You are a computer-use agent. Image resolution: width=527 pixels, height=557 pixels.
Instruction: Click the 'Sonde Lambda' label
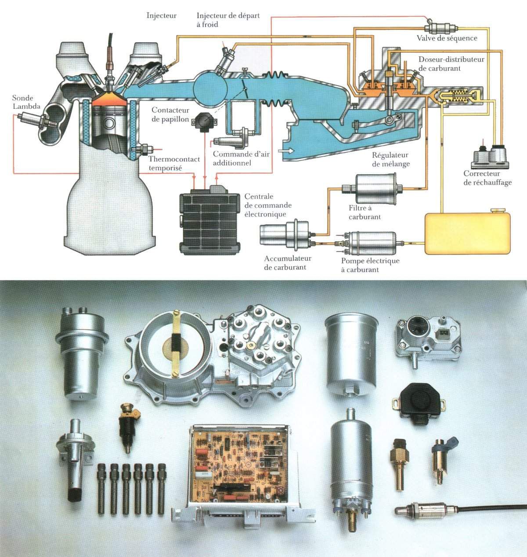click(x=26, y=102)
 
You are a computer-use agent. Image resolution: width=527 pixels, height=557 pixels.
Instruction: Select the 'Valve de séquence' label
click(x=447, y=38)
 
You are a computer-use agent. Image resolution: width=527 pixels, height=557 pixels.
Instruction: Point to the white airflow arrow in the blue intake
click(x=286, y=151)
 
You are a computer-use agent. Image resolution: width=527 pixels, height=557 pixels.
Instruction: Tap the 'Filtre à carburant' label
click(x=365, y=212)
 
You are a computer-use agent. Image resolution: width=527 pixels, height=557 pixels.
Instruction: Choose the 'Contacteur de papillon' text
click(x=170, y=115)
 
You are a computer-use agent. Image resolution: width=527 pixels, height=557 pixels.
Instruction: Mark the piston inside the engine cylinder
click(x=109, y=119)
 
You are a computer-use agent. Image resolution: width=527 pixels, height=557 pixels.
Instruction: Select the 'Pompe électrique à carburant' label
click(x=370, y=265)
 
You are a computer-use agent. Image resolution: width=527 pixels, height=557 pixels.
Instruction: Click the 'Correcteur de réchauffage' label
click(x=487, y=178)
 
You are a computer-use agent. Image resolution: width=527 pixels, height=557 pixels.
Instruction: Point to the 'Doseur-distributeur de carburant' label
click(x=451, y=64)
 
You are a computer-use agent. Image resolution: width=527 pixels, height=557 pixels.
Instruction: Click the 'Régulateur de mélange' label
click(x=391, y=159)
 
